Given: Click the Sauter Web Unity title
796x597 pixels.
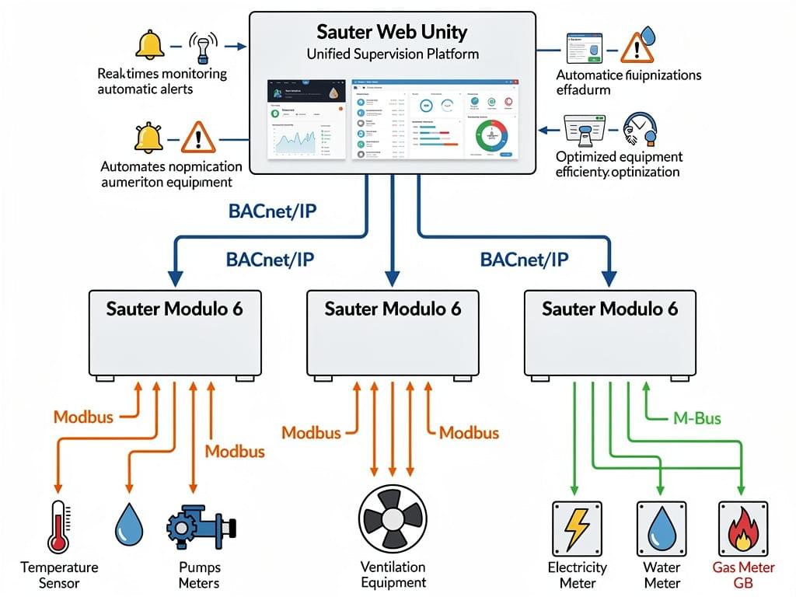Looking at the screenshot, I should pyautogui.click(x=392, y=33).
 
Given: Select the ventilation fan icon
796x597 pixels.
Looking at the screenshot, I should pyautogui.click(x=393, y=518).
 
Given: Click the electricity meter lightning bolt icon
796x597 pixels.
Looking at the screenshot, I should pyautogui.click(x=578, y=528).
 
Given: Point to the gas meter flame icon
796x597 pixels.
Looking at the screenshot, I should pyautogui.click(x=742, y=529).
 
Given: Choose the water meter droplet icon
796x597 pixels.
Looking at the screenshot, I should pyautogui.click(x=662, y=528).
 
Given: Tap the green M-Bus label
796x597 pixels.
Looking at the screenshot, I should pyautogui.click(x=695, y=419).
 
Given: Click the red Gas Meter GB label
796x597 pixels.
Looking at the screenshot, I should pyautogui.click(x=743, y=575).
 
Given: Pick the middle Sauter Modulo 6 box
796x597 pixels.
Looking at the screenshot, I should pyautogui.click(x=393, y=333).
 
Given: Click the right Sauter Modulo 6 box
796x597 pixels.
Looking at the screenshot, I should pyautogui.click(x=610, y=333).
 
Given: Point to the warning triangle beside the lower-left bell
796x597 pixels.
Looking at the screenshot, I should pyautogui.click(x=197, y=138).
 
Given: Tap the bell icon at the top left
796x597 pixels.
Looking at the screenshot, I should pyautogui.click(x=150, y=44).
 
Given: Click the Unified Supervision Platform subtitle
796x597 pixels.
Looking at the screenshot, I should pyautogui.click(x=392, y=54).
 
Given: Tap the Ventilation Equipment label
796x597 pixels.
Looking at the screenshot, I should pyautogui.click(x=393, y=574).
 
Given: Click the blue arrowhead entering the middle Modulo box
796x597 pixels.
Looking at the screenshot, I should pyautogui.click(x=393, y=277).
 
